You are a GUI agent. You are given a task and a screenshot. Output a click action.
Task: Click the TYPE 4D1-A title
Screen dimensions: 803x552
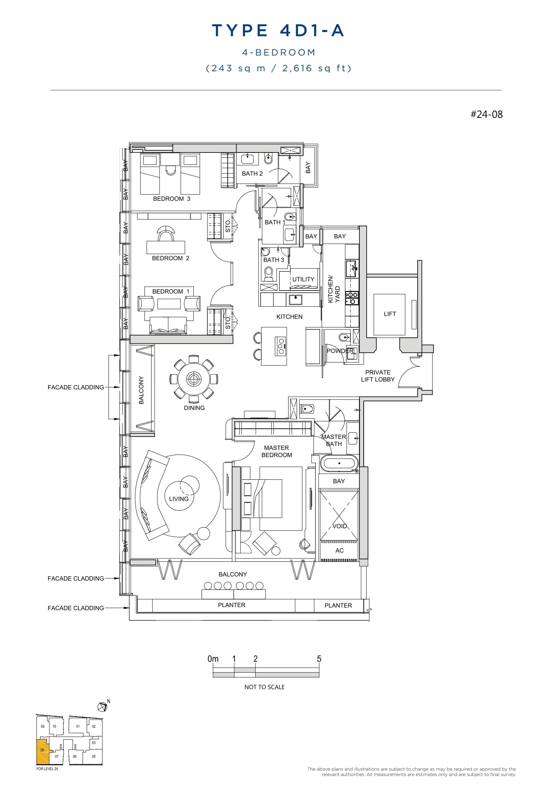click(x=278, y=31)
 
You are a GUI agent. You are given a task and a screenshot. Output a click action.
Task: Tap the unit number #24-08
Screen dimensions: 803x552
click(x=486, y=114)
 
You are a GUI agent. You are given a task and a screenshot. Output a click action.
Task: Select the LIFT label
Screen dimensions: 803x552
click(x=390, y=314)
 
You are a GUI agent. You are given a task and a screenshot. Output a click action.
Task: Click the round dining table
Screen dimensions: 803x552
click(x=194, y=379)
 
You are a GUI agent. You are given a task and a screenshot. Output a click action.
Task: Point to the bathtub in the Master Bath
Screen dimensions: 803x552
click(x=339, y=463)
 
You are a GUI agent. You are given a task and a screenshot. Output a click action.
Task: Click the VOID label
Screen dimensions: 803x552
click(x=339, y=526)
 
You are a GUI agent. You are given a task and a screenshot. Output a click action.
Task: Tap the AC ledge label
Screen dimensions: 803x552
click(x=339, y=551)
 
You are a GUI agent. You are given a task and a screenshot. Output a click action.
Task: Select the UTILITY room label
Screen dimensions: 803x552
click(x=303, y=279)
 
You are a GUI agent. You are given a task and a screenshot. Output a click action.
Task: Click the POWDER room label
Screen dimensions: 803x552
click(x=340, y=351)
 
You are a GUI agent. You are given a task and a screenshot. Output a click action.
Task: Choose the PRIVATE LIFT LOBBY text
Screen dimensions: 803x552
click(x=378, y=376)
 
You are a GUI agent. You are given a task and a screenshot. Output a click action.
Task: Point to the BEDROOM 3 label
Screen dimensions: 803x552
click(x=171, y=199)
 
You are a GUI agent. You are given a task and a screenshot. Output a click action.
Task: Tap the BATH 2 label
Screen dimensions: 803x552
click(x=252, y=173)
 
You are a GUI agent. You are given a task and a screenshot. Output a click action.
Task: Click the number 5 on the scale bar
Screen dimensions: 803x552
click(x=319, y=659)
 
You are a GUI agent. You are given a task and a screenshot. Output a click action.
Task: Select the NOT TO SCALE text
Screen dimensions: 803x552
click(x=264, y=687)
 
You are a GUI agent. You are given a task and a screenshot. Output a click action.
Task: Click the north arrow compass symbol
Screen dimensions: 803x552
click(x=102, y=707)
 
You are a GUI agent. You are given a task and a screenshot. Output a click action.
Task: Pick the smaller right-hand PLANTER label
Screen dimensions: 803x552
click(x=338, y=605)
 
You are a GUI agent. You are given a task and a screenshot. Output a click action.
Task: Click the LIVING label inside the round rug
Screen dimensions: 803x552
click(x=179, y=499)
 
